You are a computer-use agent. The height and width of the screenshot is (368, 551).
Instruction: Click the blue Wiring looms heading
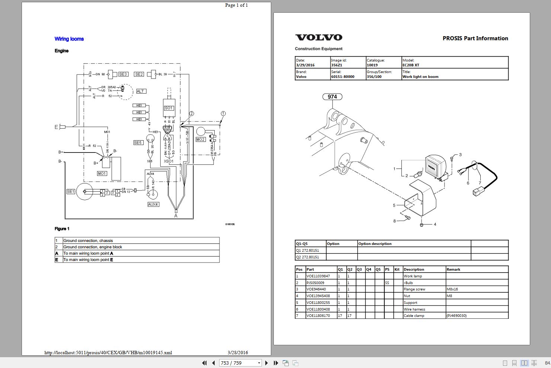pyautogui.click(x=69, y=39)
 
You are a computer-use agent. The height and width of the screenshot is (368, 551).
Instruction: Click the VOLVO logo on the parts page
pyautogui.click(x=319, y=37)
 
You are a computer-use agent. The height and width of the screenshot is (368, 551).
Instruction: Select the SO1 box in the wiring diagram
pyautogui.click(x=169, y=108)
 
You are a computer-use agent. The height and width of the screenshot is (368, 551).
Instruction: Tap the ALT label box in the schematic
pyautogui.click(x=140, y=91)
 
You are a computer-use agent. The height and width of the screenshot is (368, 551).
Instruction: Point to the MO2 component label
pyautogui.click(x=200, y=139)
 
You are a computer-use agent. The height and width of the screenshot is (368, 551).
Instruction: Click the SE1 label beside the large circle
pyautogui.click(x=71, y=191)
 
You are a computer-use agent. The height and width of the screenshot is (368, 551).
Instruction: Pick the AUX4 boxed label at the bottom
pyautogui.click(x=153, y=204)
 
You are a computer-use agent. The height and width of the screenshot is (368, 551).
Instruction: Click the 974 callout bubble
pyautogui.click(x=332, y=97)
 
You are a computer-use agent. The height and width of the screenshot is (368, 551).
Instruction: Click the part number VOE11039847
pyautogui.click(x=318, y=276)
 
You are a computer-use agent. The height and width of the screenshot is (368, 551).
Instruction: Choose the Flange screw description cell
pyautogui.click(x=414, y=289)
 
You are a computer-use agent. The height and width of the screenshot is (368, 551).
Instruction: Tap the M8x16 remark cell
pyautogui.click(x=452, y=289)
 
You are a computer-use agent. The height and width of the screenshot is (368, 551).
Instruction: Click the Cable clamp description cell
pyautogui.click(x=414, y=316)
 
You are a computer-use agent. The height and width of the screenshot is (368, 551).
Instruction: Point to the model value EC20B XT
pyautogui.click(x=411, y=65)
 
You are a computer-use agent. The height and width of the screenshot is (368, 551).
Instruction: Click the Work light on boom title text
pyautogui.click(x=420, y=77)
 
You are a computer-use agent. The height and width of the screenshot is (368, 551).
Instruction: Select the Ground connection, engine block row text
pyautogui.click(x=93, y=247)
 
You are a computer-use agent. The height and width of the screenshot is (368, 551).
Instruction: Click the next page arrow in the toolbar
pyautogui.click(x=266, y=363)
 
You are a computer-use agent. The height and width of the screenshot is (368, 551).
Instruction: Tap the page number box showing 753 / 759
pyautogui.click(x=240, y=363)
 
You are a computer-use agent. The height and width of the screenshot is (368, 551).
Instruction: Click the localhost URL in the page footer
pyautogui.click(x=108, y=352)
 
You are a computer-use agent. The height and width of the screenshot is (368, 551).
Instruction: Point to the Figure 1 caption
pyautogui.click(x=62, y=229)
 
